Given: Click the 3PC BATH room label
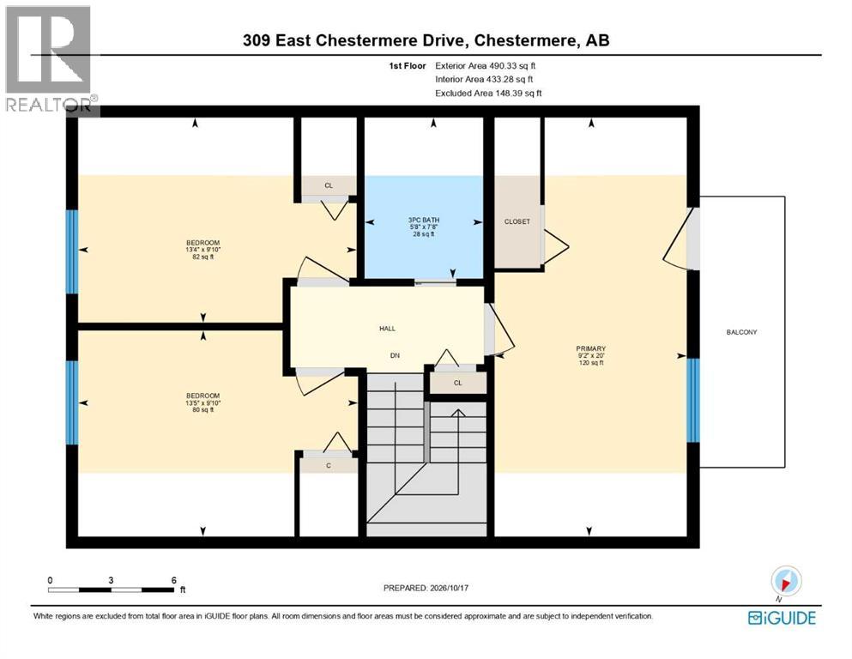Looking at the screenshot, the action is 424,220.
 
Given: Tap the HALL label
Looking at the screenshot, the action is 388,328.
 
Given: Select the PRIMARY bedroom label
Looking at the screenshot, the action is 590,348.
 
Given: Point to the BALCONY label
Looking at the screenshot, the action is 741,332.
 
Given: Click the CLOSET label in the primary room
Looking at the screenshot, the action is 517,221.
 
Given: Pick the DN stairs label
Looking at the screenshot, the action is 395,355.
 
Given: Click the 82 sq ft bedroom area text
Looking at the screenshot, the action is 202,257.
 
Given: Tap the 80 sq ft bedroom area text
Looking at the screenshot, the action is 202,410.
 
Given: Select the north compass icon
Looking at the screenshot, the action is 785,582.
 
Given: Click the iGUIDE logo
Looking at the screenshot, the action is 782,618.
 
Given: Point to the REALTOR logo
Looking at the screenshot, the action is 49,58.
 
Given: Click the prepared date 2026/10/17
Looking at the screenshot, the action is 449,588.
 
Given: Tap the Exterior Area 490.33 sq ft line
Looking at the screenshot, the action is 486,66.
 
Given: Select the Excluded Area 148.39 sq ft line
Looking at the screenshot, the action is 488,94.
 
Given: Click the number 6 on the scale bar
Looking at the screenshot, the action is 174,580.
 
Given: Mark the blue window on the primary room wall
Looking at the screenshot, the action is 692,401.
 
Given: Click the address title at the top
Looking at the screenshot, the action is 426,40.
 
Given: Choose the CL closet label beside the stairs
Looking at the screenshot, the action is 458,383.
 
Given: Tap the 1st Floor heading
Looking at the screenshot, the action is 408,66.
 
